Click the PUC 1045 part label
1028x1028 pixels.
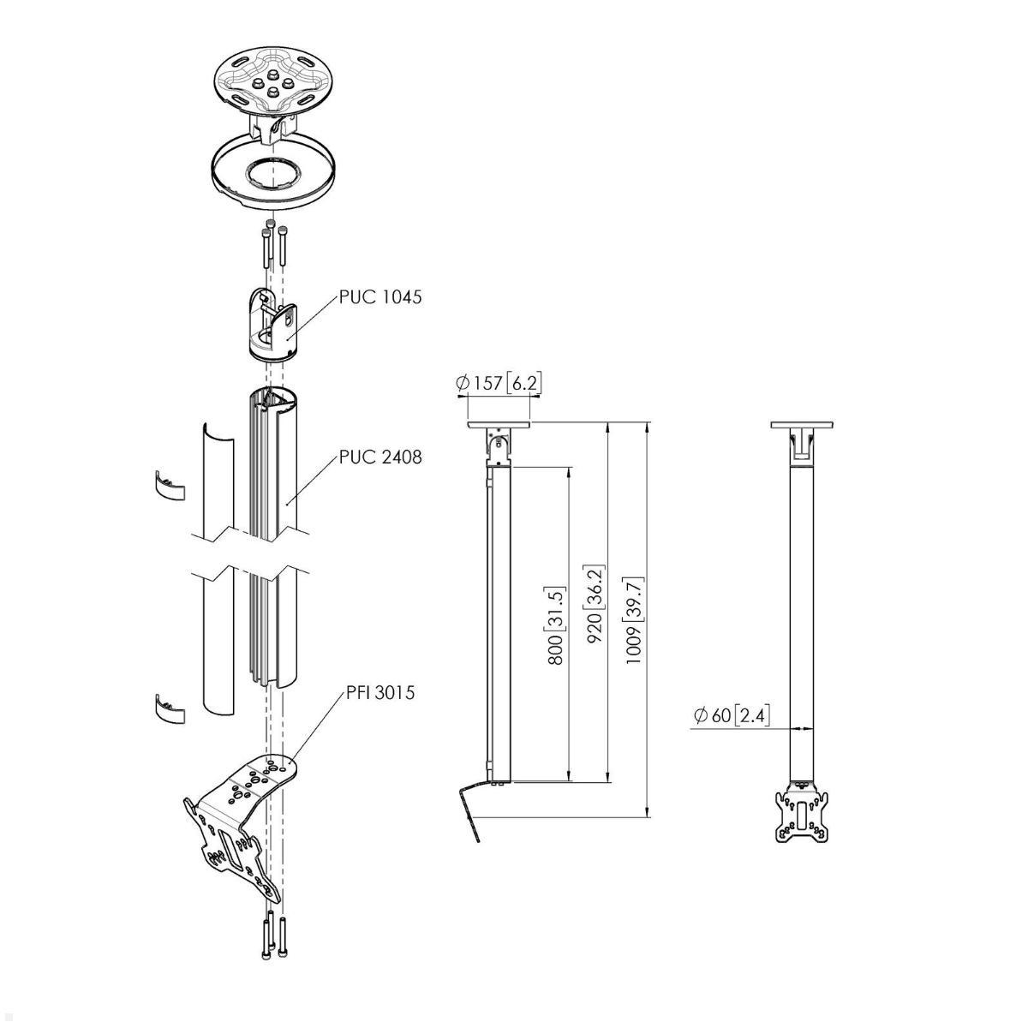click(x=380, y=296)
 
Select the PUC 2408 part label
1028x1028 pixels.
click(x=380, y=457)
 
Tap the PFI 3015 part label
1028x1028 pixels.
click(x=380, y=693)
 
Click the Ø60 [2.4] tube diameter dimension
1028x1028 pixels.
click(x=732, y=715)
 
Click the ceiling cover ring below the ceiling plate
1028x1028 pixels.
click(x=272, y=179)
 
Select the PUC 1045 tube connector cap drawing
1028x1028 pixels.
click(x=272, y=324)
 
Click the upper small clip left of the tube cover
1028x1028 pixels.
click(x=169, y=485)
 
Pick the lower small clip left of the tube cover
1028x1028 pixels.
click(x=169, y=708)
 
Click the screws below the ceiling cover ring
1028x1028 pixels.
click(x=273, y=244)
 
